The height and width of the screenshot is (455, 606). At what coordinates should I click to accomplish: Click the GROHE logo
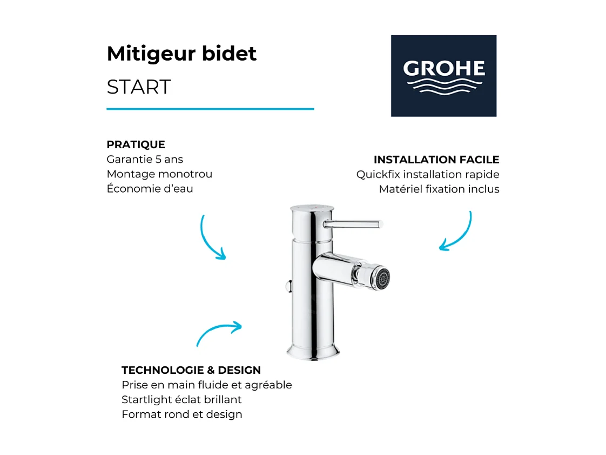[x=443, y=76]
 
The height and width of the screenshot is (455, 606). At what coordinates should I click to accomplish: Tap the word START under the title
[x=139, y=87]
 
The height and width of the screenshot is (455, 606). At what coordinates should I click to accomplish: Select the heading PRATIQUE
[x=136, y=145]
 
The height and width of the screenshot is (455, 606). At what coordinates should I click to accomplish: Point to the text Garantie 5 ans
[x=145, y=160]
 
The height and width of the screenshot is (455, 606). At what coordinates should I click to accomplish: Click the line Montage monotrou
[x=159, y=174]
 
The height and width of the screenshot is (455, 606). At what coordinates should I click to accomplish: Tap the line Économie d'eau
[x=150, y=189]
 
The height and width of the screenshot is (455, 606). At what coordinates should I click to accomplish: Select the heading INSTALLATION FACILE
[x=436, y=160]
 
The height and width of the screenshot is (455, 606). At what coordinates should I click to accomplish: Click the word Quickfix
[x=378, y=175]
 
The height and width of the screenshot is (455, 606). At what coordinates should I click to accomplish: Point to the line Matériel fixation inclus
[x=439, y=189]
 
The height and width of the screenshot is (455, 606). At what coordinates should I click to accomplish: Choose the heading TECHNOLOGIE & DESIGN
[x=191, y=371]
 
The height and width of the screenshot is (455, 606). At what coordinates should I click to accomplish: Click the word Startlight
[x=147, y=400]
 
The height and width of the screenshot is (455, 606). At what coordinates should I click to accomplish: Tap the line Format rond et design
[x=182, y=414]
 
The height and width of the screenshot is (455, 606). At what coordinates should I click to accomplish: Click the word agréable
[x=268, y=385]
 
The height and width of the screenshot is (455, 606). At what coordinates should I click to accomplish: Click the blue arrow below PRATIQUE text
[x=211, y=238]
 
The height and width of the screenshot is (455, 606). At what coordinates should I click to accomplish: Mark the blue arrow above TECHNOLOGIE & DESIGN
[x=219, y=332]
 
